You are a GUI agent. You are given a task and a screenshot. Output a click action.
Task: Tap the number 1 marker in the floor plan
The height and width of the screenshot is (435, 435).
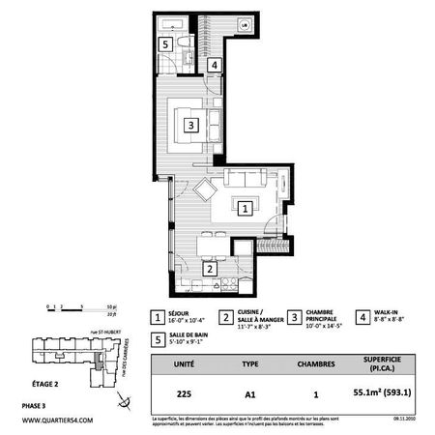pyautogui.click(x=246, y=207)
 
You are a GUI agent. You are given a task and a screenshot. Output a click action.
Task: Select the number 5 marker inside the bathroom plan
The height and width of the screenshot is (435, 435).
pyautogui.click(x=165, y=44)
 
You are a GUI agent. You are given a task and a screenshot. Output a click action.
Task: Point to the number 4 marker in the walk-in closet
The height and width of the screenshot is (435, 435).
pyautogui.click(x=213, y=65)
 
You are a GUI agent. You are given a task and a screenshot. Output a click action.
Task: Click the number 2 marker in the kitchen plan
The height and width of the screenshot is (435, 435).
pyautogui.click(x=209, y=270)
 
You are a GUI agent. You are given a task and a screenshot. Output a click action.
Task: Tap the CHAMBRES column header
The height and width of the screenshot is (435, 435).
pyautogui.click(x=315, y=366)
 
